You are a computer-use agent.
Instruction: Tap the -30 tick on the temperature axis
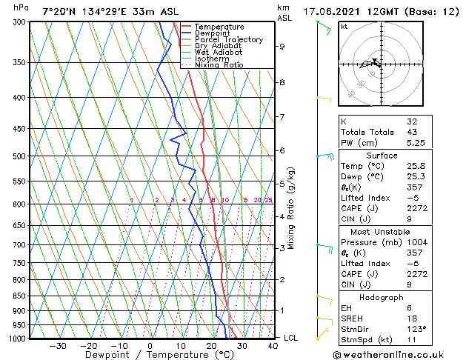click(x=57, y=345)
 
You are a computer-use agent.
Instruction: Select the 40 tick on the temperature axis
click(x=273, y=345)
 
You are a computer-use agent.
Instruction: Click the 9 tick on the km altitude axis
click(x=282, y=46)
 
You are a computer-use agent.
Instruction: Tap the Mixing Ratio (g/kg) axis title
click(x=292, y=208)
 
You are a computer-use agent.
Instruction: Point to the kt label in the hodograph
click(x=344, y=27)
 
